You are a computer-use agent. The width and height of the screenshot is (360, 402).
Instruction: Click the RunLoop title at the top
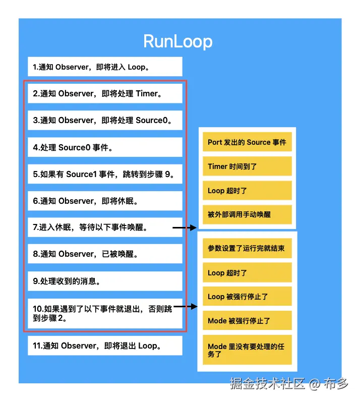(177, 41)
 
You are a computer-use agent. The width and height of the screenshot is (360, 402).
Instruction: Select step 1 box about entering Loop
(105, 67)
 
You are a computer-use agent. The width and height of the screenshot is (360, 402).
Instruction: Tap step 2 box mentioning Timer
(105, 93)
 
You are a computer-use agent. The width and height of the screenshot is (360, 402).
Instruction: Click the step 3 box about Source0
(105, 120)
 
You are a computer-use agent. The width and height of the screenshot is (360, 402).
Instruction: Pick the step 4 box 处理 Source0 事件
(105, 147)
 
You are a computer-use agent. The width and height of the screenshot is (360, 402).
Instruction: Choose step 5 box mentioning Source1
(105, 174)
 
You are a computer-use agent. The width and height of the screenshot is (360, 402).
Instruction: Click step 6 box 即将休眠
(105, 201)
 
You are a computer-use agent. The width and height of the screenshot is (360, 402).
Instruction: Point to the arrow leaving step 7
(185, 228)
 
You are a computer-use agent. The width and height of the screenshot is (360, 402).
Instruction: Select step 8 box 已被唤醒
(105, 254)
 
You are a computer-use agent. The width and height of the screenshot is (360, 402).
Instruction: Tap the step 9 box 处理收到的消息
(105, 281)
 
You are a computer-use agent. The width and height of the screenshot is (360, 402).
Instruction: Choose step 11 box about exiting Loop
(105, 346)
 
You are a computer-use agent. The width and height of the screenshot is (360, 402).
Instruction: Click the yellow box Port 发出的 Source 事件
(247, 142)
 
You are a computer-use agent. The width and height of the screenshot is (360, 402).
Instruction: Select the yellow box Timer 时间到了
(247, 166)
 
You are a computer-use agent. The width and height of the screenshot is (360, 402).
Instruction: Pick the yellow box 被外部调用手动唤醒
(247, 214)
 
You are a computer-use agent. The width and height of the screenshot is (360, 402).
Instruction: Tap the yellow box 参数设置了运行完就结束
(247, 249)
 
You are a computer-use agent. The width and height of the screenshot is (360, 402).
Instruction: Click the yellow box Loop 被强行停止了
(247, 297)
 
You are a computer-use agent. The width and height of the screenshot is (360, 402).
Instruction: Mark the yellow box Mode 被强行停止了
(247, 320)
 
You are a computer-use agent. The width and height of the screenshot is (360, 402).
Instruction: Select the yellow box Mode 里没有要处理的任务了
(247, 350)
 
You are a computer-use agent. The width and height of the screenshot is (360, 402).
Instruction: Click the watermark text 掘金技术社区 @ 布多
(289, 384)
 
